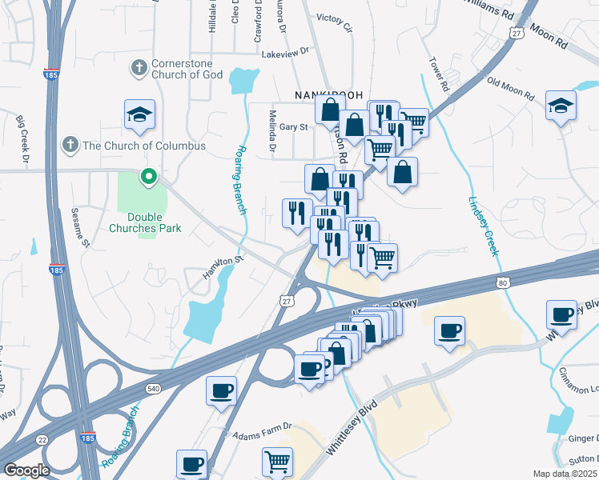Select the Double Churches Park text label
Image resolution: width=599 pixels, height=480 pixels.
pos(155,222)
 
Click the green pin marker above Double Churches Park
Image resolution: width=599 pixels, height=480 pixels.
pos(148,177)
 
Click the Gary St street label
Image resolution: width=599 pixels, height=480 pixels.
pos(293,127)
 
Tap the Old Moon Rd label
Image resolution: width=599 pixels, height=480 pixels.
pos(510,86)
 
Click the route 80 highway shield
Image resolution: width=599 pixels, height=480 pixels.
pos(502,282)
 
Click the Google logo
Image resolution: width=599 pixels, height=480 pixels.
pos(26,470)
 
